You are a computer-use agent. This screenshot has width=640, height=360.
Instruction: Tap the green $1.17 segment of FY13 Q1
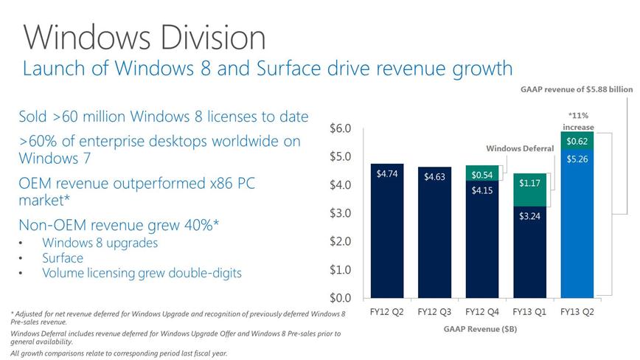pos(529,190)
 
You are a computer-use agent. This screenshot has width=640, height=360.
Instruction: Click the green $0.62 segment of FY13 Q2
pos(577,139)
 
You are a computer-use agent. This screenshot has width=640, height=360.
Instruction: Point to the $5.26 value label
pos(577,158)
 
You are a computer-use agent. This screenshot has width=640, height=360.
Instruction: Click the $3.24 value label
pos(529,217)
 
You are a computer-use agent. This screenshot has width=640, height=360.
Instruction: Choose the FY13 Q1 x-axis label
pos(529,312)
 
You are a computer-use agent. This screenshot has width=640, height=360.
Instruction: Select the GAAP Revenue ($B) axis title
pos(481,328)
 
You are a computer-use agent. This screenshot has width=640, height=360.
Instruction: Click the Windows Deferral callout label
pos(520,148)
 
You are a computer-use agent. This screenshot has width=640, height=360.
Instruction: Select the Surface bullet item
pos(63,258)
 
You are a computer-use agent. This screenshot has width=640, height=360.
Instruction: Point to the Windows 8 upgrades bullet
pos(100,243)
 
